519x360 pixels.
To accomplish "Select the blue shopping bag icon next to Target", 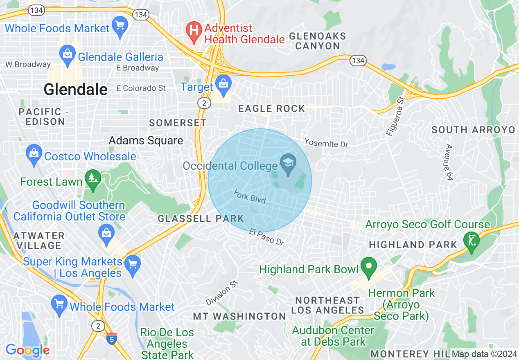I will coord(223,83).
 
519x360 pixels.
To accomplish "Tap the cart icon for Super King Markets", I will coord(132,262).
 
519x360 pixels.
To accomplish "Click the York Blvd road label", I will coord(250,196).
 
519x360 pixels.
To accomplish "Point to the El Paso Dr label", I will coord(266,237).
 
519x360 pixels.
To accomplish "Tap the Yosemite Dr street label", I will coord(326,143).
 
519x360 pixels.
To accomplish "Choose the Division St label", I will coord(222,293).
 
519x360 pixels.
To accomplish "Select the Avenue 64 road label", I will coord(449,162).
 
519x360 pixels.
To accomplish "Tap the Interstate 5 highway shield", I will coord(111,339).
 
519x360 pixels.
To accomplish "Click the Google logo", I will coord(27,350).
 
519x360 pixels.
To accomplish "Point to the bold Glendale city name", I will coord(76,89).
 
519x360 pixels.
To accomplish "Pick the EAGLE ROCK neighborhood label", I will coord(272,108).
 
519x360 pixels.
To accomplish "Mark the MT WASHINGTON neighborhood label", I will coord(239,316).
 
